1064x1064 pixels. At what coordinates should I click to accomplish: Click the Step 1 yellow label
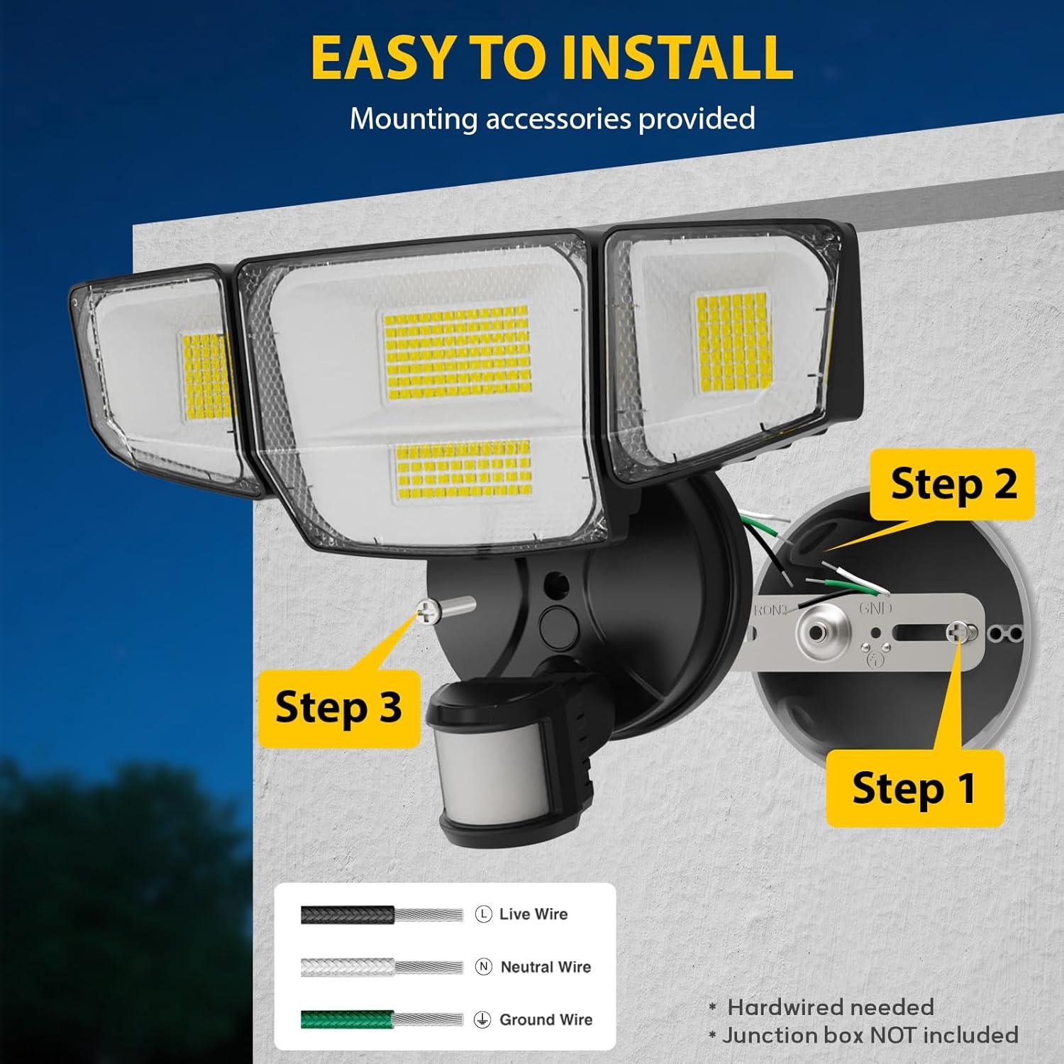[914, 788]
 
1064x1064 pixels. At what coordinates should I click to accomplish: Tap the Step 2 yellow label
[953, 484]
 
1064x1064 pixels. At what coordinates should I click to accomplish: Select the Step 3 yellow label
[338, 707]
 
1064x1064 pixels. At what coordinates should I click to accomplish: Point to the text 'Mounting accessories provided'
[552, 118]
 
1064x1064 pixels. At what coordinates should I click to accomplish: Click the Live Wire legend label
[533, 914]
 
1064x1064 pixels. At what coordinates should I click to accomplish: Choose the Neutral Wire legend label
[545, 967]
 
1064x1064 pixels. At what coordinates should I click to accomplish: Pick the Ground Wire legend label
[545, 1020]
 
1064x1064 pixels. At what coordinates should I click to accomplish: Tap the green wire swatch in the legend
[347, 1020]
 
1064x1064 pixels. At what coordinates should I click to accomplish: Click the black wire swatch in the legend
[347, 914]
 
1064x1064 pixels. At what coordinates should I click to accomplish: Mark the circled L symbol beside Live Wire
[483, 914]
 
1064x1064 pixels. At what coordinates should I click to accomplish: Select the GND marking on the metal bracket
[875, 609]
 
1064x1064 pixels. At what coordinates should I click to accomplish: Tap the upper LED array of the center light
[458, 352]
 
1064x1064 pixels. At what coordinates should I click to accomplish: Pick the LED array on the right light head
[733, 343]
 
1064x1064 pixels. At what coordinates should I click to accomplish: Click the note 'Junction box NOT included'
[870, 1036]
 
